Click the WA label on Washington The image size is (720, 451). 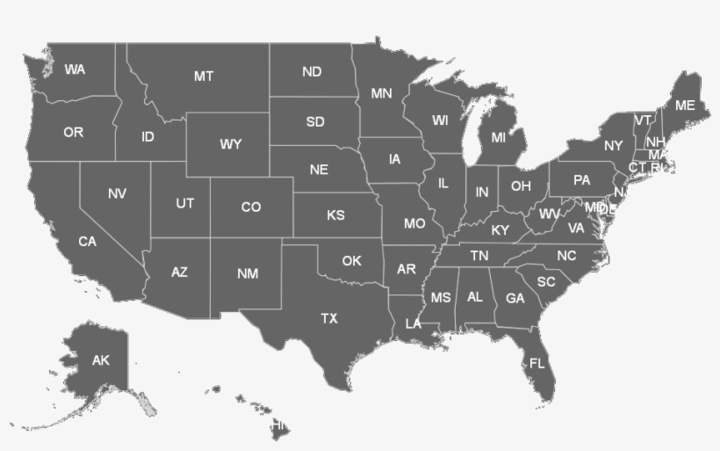coord(75,69)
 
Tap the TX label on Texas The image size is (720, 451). coord(329,318)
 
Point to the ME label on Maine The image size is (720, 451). coord(685,105)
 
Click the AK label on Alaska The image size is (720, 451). coord(101,360)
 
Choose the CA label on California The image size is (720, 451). coord(87,241)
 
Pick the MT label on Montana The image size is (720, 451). coord(204,76)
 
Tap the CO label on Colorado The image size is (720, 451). coord(251,207)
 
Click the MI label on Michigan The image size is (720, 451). coord(499,137)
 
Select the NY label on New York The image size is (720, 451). coord(613,145)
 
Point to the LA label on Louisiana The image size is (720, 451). coord(414,324)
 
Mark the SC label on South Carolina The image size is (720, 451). coord(546,282)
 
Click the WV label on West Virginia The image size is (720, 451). coord(550,214)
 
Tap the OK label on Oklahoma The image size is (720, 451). coord(351,260)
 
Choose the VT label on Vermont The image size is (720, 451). coord(644,120)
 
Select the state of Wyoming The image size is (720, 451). coord(231,143)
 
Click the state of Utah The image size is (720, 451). coord(184,203)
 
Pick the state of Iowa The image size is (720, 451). coord(394,159)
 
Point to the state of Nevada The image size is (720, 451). coord(117,193)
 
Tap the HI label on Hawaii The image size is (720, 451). coord(279,424)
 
